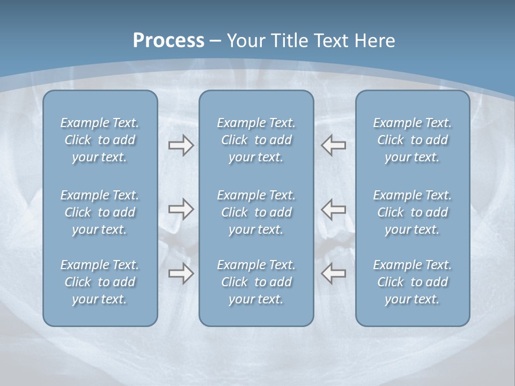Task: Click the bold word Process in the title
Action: click(x=168, y=40)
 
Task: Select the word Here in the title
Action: click(x=375, y=40)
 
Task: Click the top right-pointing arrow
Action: click(x=181, y=145)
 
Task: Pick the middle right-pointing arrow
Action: click(x=181, y=209)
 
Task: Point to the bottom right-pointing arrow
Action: click(x=181, y=273)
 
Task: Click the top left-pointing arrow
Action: click(x=333, y=145)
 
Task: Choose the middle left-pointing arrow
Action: click(x=333, y=209)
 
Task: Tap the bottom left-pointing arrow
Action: click(x=333, y=273)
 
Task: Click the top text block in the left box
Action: click(x=100, y=140)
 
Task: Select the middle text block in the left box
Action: click(x=100, y=212)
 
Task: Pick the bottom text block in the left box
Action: click(x=100, y=282)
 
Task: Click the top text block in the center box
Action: click(x=256, y=140)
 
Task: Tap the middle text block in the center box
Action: click(x=256, y=212)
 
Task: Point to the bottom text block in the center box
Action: click(x=256, y=282)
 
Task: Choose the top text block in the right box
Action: click(x=413, y=140)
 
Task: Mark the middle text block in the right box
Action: click(x=413, y=212)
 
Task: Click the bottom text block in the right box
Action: click(x=413, y=282)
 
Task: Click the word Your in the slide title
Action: click(x=245, y=40)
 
